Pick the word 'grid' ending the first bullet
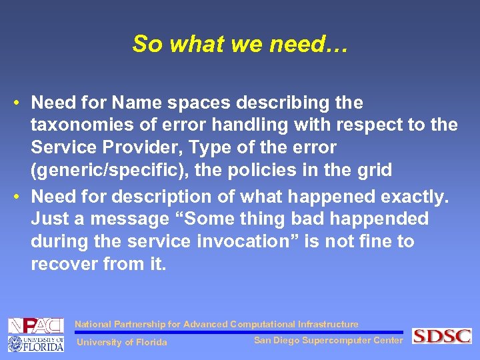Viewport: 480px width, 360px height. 375,169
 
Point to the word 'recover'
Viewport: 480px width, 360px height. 63,264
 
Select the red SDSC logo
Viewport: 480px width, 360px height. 441,336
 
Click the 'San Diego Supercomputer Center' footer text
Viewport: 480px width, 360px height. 329,340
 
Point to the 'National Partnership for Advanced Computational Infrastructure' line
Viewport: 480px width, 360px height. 217,324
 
